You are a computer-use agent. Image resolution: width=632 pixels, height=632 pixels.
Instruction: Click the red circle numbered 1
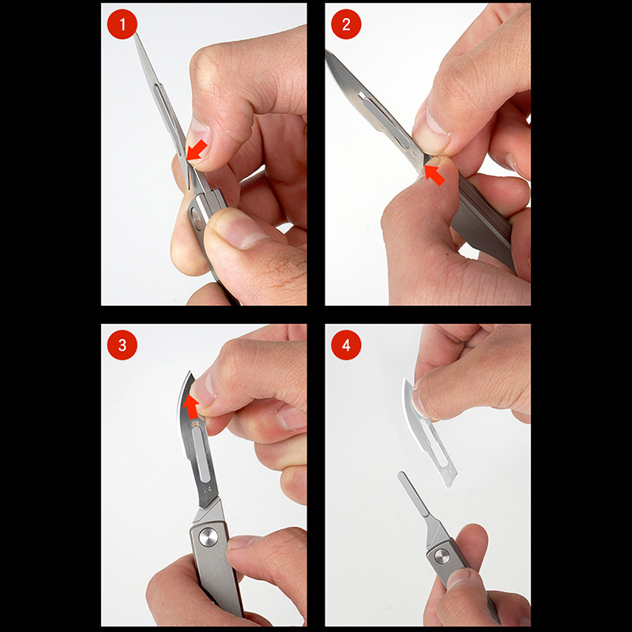[122, 24]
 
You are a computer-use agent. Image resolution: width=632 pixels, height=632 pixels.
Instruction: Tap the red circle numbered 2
[346, 24]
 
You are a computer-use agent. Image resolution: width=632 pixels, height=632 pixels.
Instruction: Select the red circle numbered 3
[122, 345]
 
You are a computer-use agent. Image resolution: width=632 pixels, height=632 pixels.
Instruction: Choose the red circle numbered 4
[346, 345]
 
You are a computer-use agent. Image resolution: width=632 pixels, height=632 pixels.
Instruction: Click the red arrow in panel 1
[197, 151]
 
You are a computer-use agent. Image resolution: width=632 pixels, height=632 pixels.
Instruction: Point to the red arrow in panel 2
[434, 175]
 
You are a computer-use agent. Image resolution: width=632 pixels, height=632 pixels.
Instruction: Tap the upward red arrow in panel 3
[191, 406]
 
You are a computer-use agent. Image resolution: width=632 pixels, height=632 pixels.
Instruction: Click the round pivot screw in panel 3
[209, 537]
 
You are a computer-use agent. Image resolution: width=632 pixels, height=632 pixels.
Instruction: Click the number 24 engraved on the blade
[207, 490]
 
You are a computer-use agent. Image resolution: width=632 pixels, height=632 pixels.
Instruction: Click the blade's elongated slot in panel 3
[200, 454]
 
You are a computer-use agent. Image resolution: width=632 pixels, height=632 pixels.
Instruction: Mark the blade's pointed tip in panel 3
[190, 372]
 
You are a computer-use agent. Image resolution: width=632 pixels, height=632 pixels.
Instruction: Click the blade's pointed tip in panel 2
[326, 51]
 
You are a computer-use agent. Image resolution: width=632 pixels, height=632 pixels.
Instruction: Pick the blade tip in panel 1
[136, 34]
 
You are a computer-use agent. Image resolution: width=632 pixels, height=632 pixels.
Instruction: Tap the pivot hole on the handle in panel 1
[196, 218]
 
